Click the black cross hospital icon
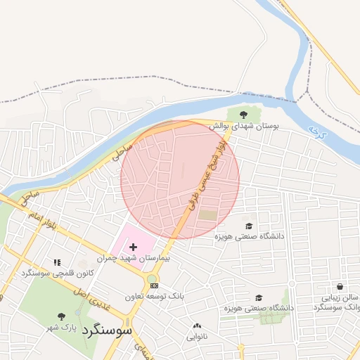(133, 247)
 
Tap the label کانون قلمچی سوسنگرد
(57, 272)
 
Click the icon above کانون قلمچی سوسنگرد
(57, 262)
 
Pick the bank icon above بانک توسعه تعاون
(154, 286)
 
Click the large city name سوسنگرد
(107, 329)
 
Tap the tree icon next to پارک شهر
(62, 316)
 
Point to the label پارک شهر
(61, 327)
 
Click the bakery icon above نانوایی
(196, 326)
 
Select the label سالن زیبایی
(340, 298)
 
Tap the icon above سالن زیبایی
(340, 287)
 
